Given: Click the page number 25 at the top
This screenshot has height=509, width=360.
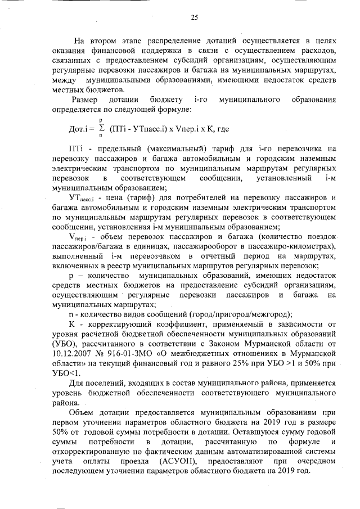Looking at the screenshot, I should click(194, 18).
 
